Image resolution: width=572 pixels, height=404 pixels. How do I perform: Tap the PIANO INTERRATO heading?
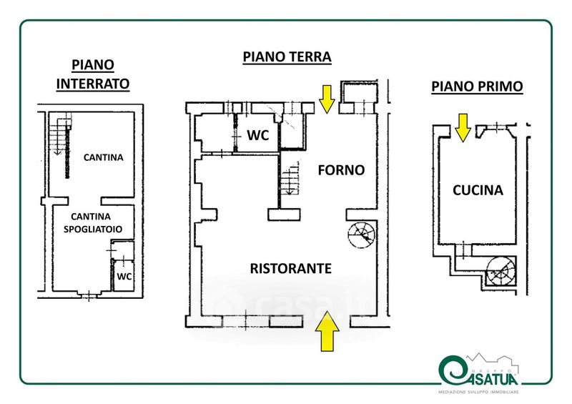coord(93,74)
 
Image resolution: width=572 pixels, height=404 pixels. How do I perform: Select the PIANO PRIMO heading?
coord(477,87)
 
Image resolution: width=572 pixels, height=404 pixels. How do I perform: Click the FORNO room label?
coord(341,170)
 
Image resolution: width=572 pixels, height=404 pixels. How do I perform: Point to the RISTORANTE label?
coord(290,268)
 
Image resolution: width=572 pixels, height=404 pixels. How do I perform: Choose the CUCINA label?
coord(478,190)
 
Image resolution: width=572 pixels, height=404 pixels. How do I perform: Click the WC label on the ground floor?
coord(257,135)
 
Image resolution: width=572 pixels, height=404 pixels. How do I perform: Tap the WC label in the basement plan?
coord(124,276)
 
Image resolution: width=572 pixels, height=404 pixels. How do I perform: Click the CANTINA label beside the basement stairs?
coord(103,157)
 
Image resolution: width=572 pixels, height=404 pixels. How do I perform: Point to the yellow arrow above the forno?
coord(327,99)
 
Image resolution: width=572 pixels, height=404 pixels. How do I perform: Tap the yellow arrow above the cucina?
coord(463,127)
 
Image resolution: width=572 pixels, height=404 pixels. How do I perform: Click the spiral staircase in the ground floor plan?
coord(360,234)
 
